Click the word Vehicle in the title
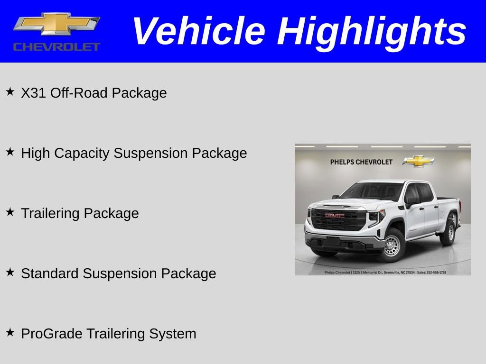(198, 31)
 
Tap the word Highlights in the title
(372, 31)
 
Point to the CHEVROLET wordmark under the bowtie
(56, 47)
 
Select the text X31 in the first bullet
(33, 93)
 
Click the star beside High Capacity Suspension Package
(10, 152)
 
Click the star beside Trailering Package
(10, 212)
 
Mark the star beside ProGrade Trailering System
(10, 332)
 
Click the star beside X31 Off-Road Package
(10, 91)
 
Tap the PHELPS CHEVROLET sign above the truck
(361, 162)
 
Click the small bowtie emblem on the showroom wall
(418, 161)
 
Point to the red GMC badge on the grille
(334, 216)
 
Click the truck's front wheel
(392, 245)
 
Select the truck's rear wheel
(448, 232)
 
